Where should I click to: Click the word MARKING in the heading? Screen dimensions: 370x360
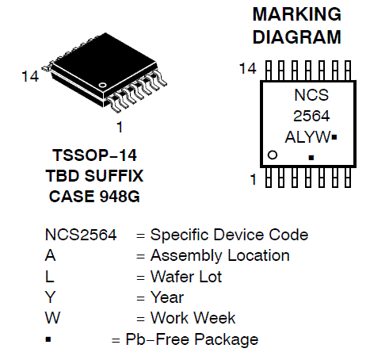297,14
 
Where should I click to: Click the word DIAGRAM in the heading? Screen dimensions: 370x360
297,37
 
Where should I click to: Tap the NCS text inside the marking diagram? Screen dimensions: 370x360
311,94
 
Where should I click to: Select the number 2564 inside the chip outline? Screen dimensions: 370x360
311,116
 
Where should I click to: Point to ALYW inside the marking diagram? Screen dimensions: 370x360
307,137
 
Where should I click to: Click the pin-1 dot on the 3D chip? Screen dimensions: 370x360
102,85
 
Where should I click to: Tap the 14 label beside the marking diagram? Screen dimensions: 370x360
247,68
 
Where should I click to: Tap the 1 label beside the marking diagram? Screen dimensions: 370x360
254,179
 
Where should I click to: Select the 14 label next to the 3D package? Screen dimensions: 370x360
30,76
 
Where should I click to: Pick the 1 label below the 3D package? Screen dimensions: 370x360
120,127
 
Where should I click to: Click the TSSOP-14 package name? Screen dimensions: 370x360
94,155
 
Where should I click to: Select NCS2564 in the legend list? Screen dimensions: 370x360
81,235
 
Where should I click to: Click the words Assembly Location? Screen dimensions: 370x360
220,255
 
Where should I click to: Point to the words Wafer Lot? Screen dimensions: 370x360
186,277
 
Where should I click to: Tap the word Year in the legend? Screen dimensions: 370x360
167,297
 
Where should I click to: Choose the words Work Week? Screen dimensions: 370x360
193,318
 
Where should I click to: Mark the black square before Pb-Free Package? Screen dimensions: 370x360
48,339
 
